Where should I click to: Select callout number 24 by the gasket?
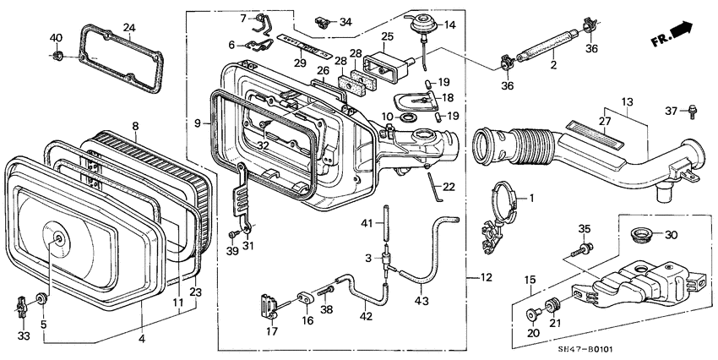coord(128,28)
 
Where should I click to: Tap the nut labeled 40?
coord(57,57)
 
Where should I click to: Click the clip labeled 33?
coord(22,303)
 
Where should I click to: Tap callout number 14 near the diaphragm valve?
coord(449,25)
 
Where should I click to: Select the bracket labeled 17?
coord(270,303)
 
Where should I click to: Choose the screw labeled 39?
coord(231,234)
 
